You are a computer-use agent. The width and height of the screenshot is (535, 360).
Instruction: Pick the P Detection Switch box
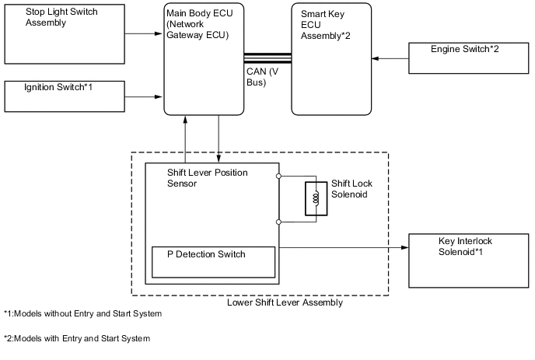(212, 261)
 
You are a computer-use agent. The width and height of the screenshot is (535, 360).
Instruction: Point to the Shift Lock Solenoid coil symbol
(316, 199)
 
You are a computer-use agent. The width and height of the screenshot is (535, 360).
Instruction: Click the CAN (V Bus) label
(263, 77)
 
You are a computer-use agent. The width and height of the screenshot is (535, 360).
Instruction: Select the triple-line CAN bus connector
(267, 58)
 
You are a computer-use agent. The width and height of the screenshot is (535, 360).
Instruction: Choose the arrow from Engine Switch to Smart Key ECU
(390, 58)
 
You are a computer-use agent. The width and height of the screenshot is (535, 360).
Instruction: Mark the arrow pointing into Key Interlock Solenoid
(342, 248)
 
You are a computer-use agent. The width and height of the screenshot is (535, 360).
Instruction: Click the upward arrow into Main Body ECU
(185, 140)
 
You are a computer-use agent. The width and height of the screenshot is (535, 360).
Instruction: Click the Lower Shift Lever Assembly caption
(285, 303)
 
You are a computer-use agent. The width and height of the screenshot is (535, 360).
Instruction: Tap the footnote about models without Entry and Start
(82, 314)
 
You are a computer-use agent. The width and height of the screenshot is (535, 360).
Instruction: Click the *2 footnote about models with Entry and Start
(76, 338)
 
